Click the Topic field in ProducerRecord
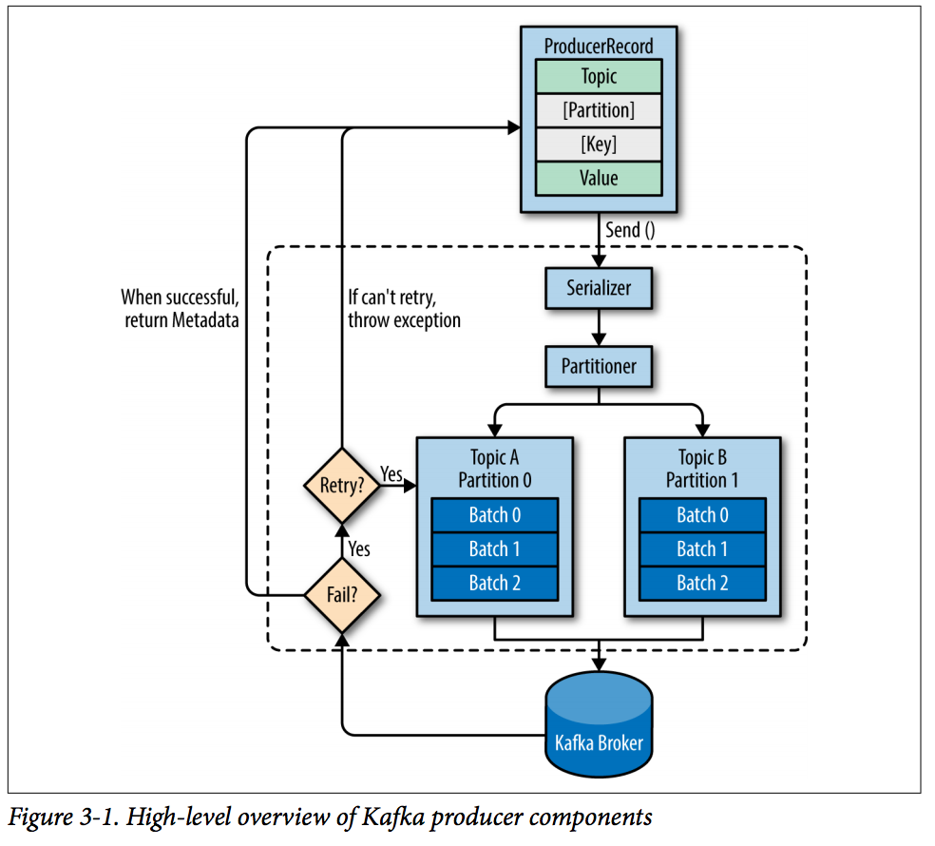click(599, 76)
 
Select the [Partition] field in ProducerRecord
click(599, 110)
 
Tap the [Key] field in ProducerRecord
click(599, 144)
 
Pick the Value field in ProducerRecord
click(599, 179)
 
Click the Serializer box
click(599, 288)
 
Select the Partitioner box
click(599, 366)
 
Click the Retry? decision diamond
click(342, 486)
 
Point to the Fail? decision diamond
click(342, 597)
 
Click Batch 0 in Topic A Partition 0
click(494, 515)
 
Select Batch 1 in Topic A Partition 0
click(494, 549)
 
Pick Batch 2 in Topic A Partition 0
click(494, 584)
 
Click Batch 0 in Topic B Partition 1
click(702, 515)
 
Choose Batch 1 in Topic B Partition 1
click(702, 549)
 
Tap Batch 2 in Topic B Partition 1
click(702, 584)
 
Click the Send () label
click(631, 230)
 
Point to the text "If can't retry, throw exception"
click(404, 308)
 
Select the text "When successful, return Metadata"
click(181, 308)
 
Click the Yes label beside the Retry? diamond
click(391, 472)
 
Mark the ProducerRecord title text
click(599, 46)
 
